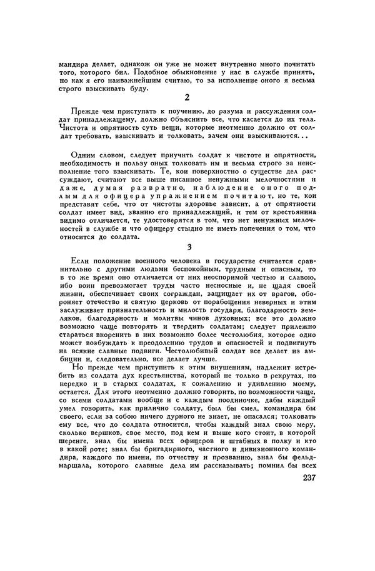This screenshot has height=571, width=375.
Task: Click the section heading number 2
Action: point(187,98)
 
